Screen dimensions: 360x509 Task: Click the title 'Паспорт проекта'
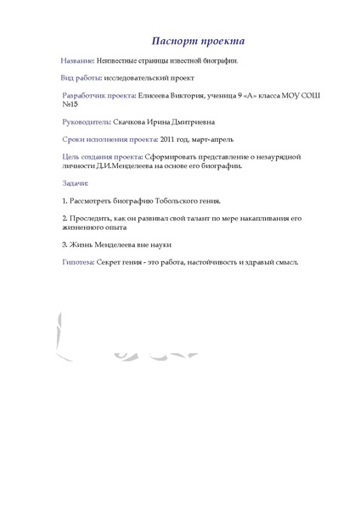point(199,42)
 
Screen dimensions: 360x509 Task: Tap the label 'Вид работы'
point(82,78)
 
